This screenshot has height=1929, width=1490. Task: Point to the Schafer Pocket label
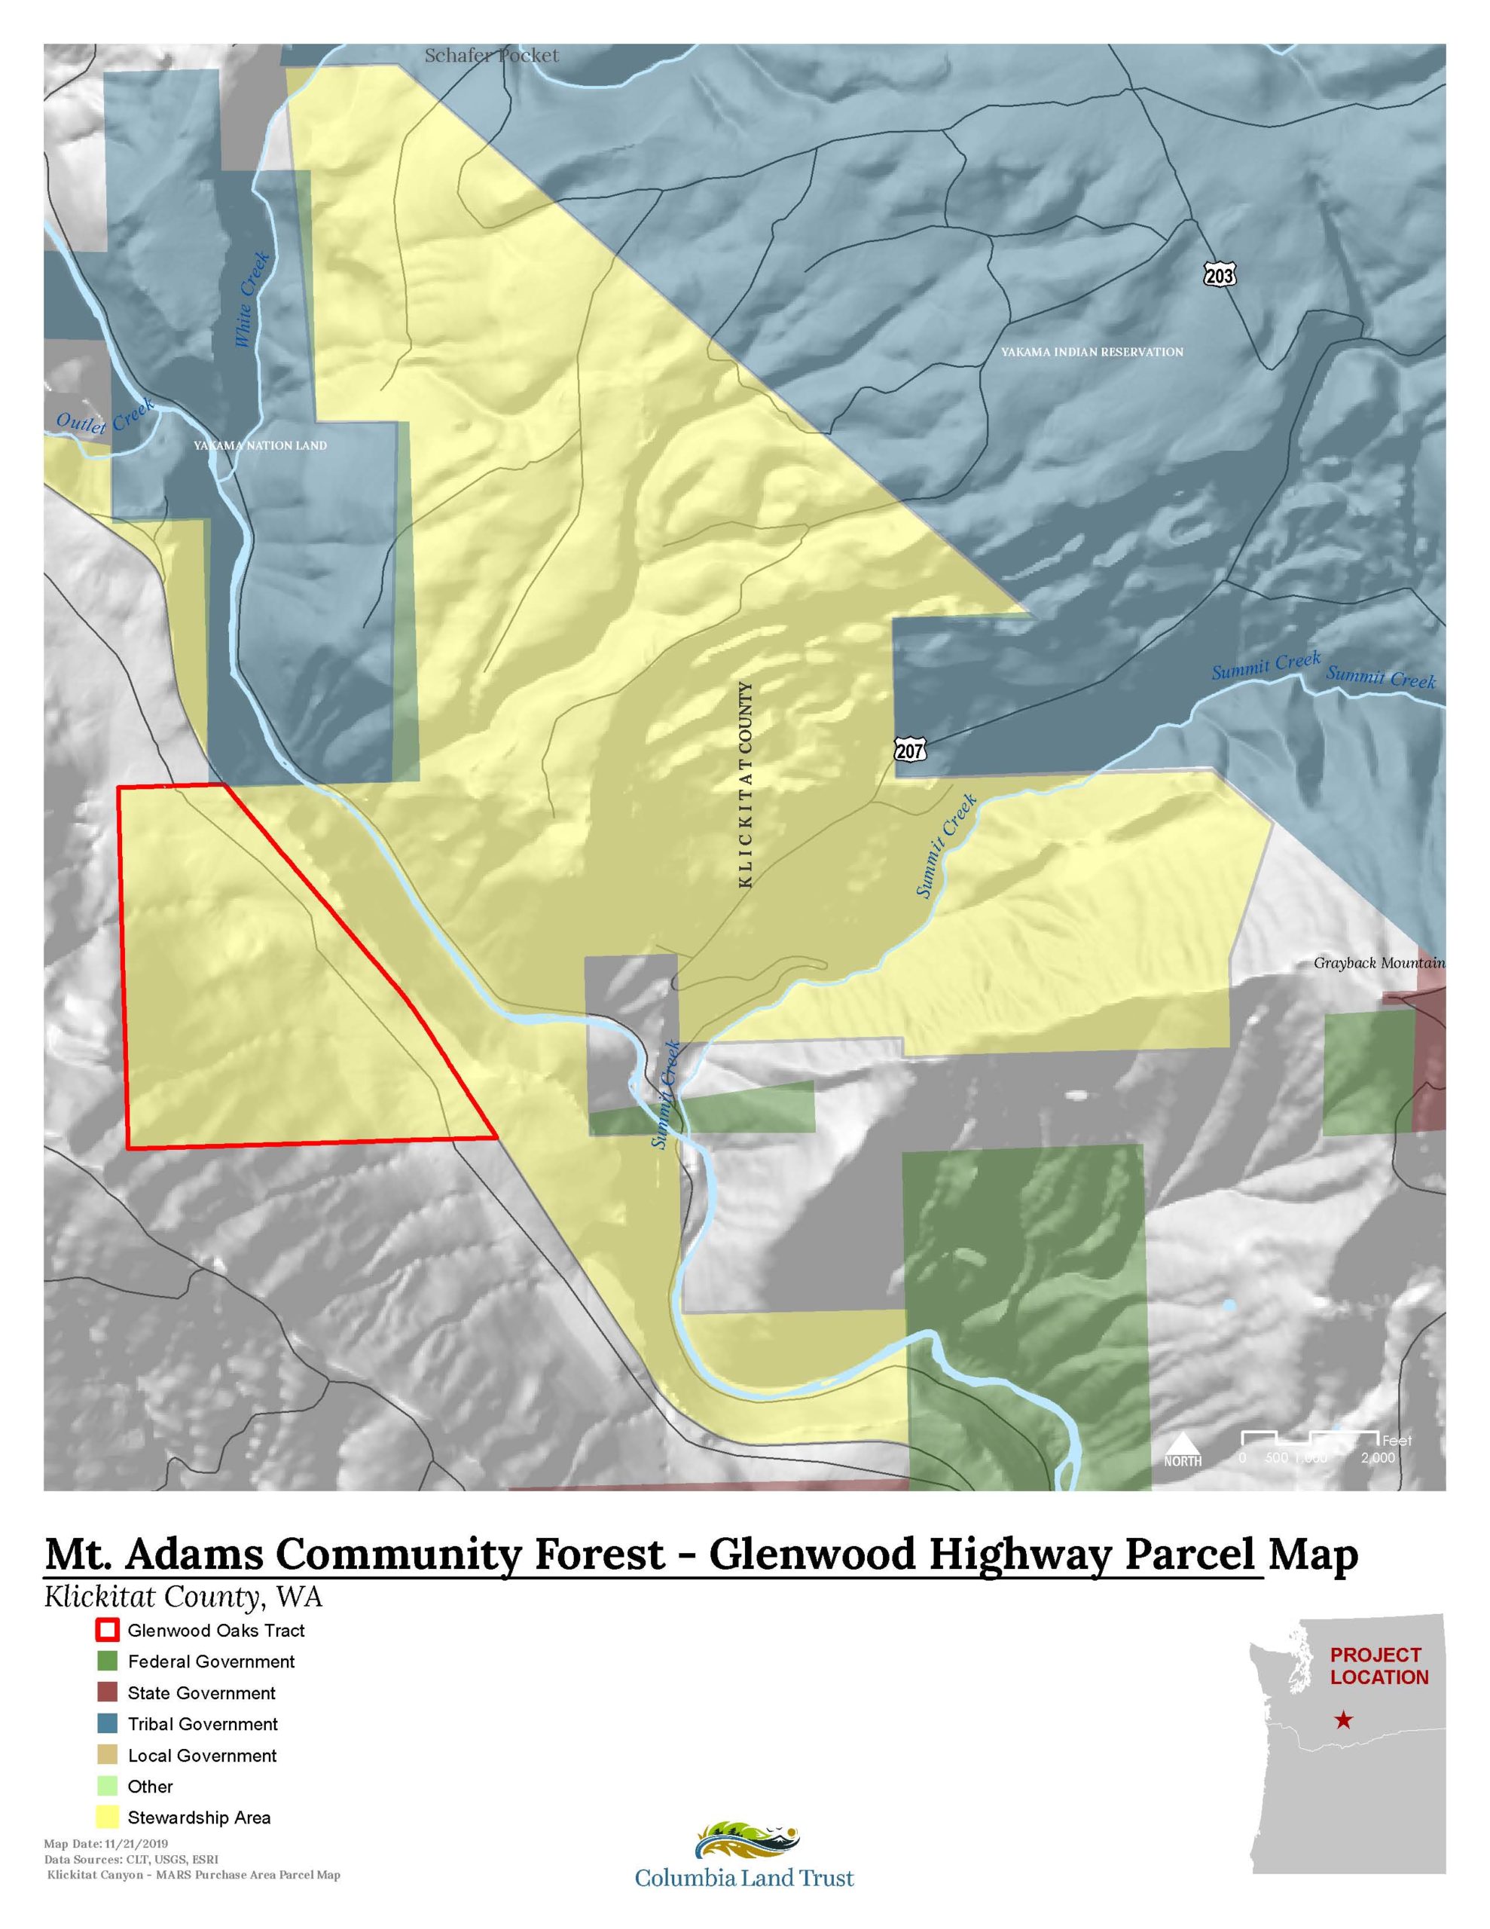(x=491, y=56)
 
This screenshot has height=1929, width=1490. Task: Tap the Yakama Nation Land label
(x=260, y=445)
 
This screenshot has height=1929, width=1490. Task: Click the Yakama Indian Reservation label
(x=1092, y=352)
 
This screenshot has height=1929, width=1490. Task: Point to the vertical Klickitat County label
(x=746, y=784)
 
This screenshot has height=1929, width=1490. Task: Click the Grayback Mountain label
(x=1379, y=963)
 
